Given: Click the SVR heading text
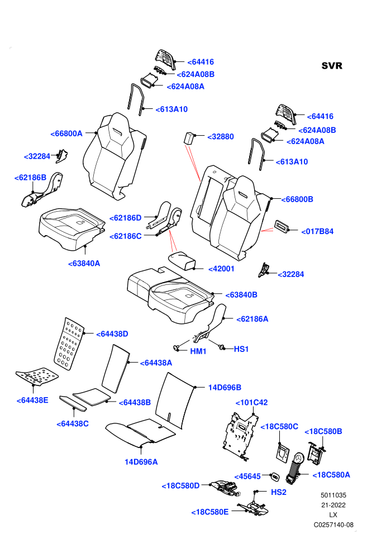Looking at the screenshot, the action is [332, 66].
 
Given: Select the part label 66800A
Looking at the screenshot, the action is [66, 134].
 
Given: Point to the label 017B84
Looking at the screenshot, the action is [317, 231].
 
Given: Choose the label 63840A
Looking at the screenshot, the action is [84, 264].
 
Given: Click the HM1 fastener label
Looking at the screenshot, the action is [198, 351].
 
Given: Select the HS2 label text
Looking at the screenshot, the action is [279, 492].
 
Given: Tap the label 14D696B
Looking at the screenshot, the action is [225, 387].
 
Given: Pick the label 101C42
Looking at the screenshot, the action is [251, 402].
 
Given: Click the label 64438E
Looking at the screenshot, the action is [32, 400].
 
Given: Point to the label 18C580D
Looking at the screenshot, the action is [180, 485].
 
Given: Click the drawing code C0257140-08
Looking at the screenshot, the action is [333, 525].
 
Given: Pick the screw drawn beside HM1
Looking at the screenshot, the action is [177, 348].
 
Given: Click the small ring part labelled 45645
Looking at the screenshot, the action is [274, 477].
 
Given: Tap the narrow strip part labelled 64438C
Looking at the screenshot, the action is [73, 403].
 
